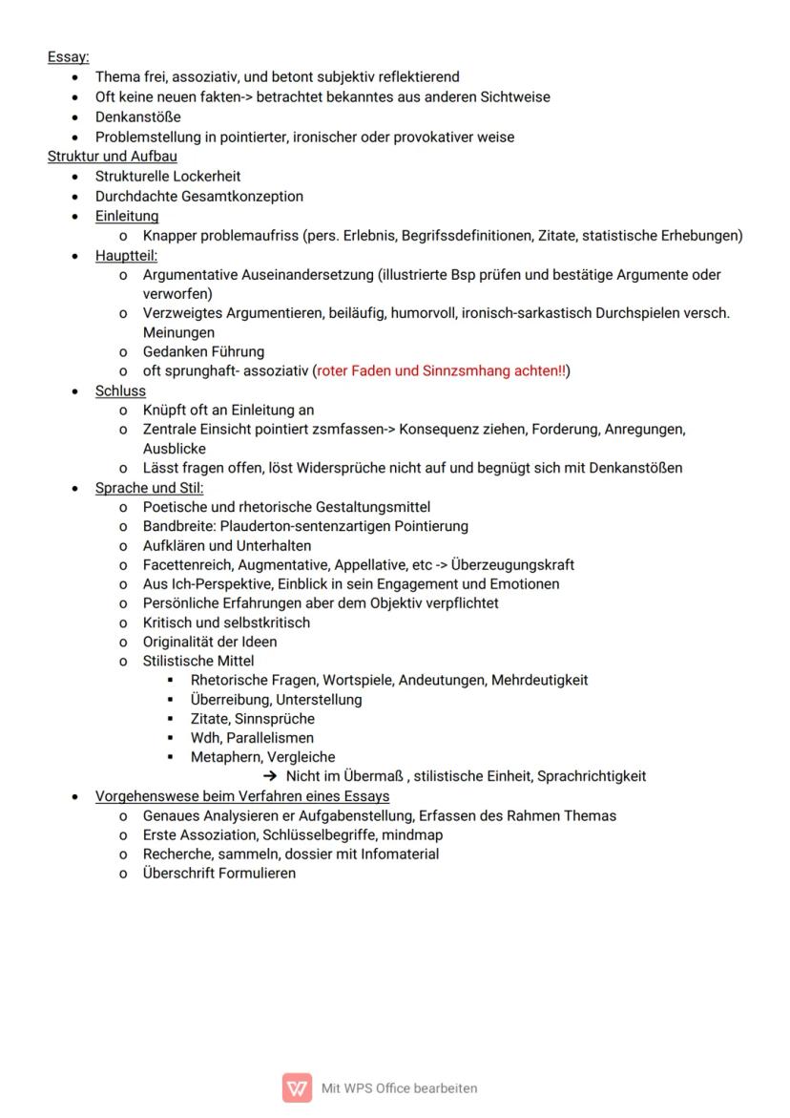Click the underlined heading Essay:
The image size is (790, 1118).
[x=68, y=57]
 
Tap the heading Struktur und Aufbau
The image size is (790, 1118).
[x=112, y=157]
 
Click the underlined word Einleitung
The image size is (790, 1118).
[x=127, y=216]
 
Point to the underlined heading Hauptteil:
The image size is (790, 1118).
[x=126, y=256]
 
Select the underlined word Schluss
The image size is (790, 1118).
[x=120, y=390]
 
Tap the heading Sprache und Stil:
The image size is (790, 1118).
[x=149, y=488]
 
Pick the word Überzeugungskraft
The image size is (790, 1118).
[x=512, y=564]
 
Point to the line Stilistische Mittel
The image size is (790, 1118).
[x=198, y=661]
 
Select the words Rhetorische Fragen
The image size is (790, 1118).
[x=253, y=680]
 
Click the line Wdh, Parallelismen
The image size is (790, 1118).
[x=252, y=738]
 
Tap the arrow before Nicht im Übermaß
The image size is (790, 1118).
[x=271, y=776]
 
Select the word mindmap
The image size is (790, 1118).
[x=412, y=834]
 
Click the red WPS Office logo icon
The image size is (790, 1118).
[x=297, y=1087]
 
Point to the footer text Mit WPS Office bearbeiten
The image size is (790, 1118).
[x=399, y=1087]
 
